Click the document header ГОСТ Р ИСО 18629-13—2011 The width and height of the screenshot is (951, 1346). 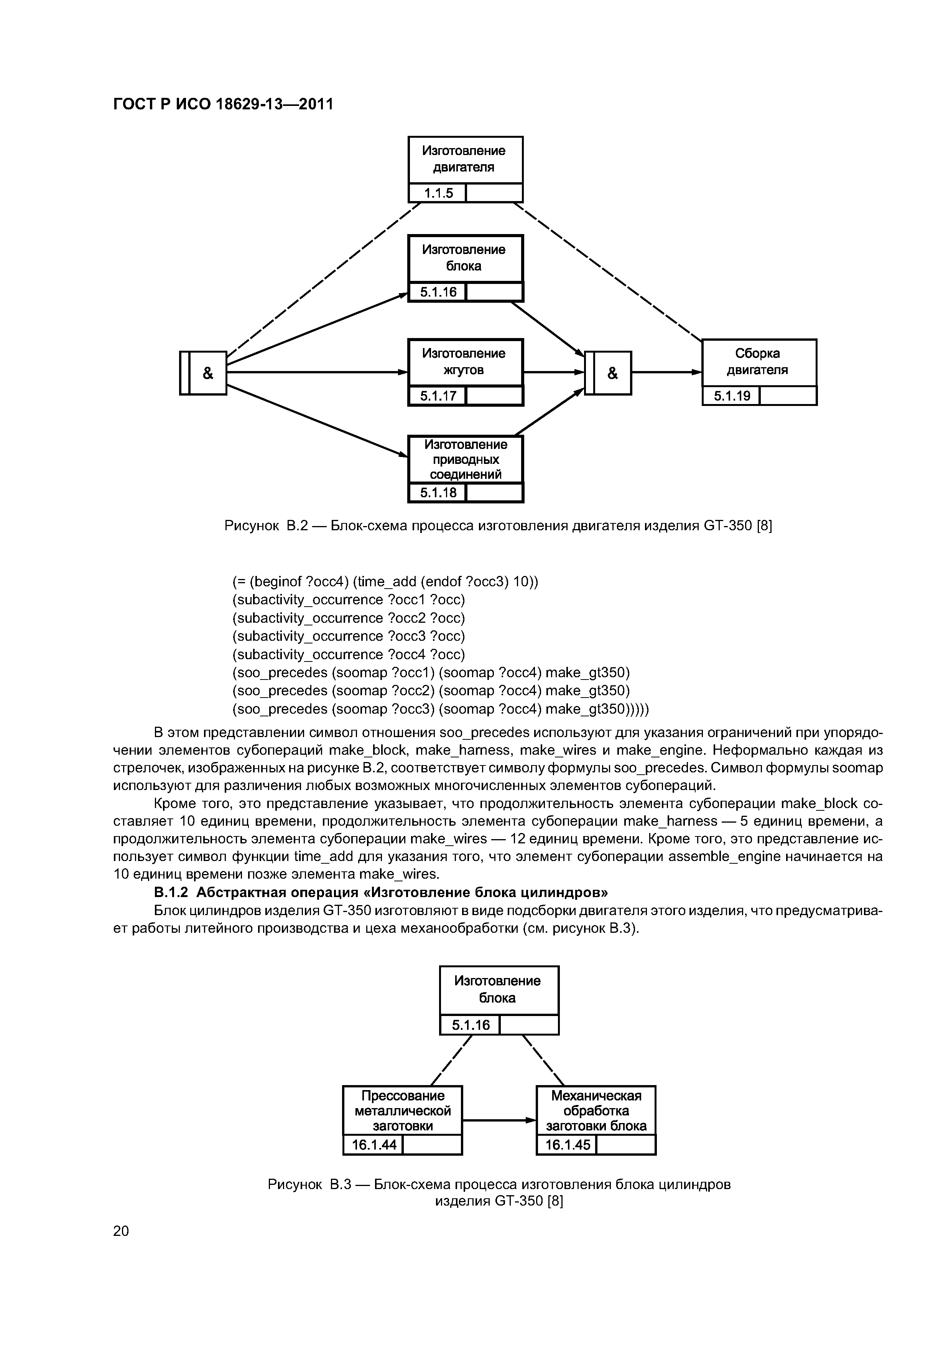[x=223, y=104]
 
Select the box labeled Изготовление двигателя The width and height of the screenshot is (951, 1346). [x=465, y=160]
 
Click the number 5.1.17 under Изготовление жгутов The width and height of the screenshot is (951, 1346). [x=438, y=396]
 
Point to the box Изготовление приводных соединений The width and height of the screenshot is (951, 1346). [x=465, y=460]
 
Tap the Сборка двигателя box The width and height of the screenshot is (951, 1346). [x=759, y=362]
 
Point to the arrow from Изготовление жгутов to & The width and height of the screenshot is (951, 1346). [x=554, y=372]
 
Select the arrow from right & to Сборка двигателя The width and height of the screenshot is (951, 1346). [x=667, y=372]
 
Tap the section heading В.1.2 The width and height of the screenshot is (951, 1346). [x=381, y=892]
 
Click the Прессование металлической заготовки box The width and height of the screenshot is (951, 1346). [x=403, y=1111]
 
